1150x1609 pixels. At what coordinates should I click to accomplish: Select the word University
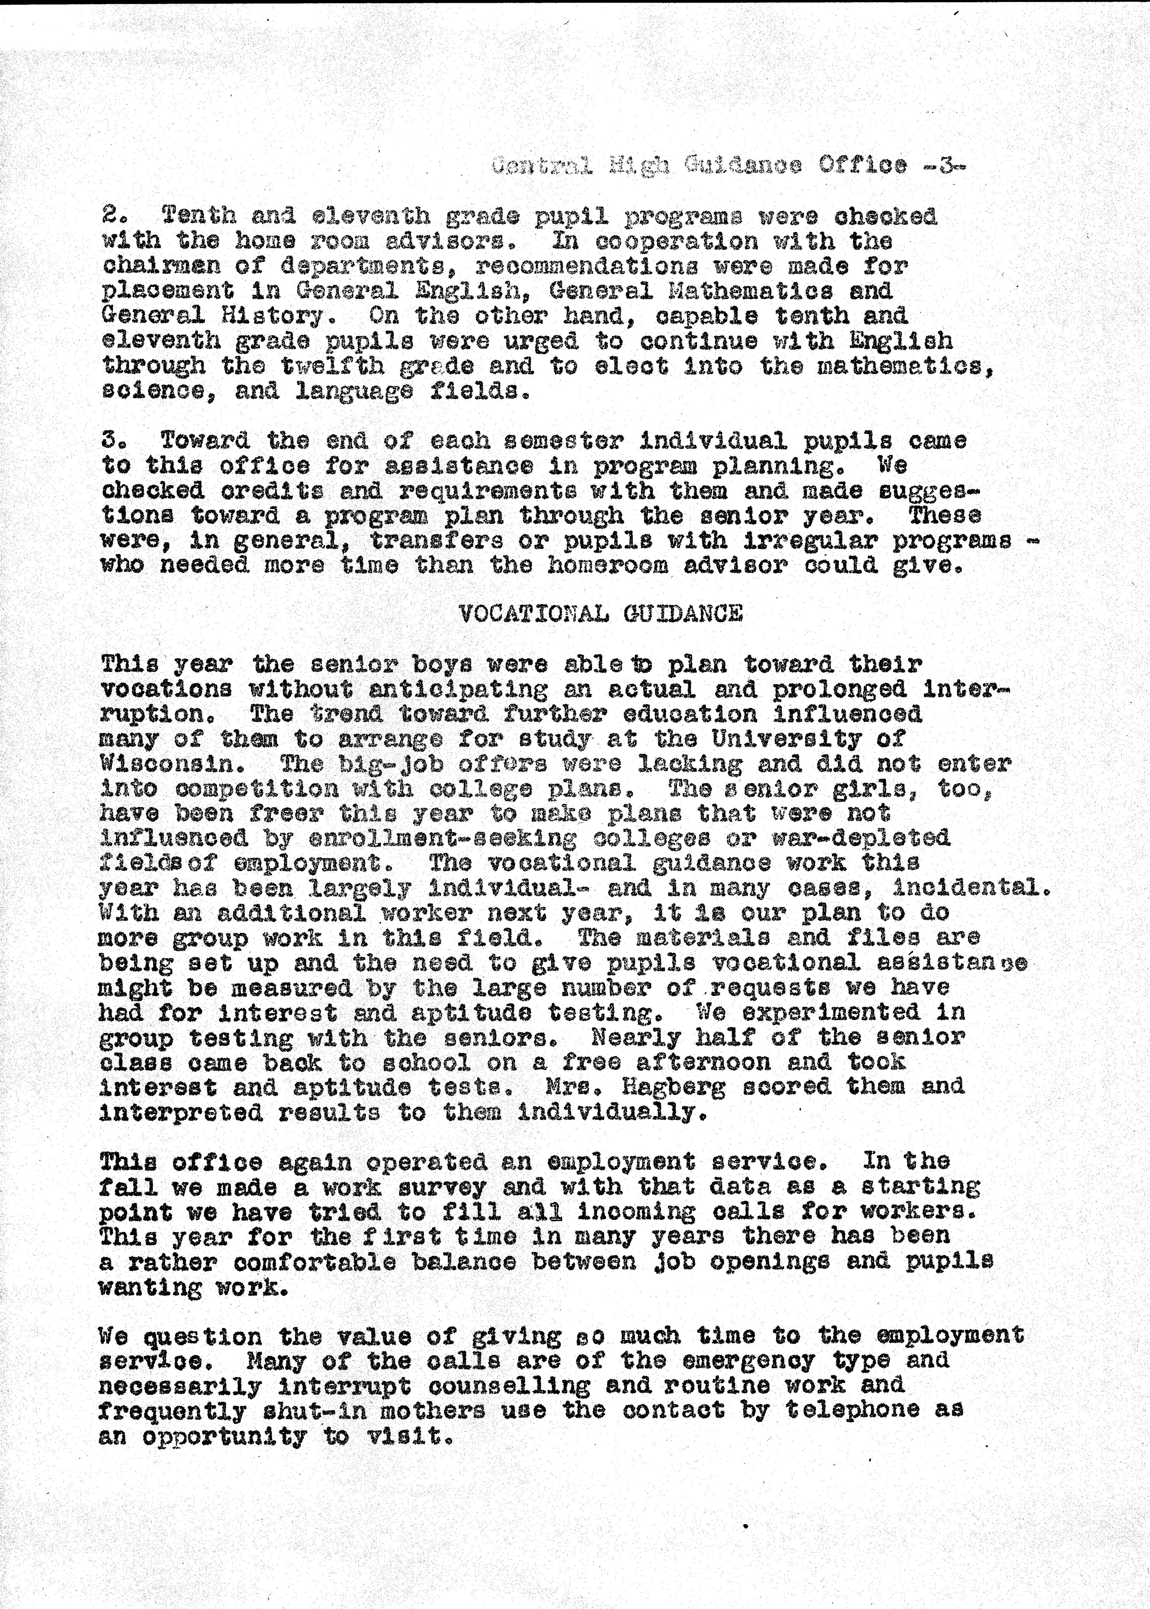point(786,739)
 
